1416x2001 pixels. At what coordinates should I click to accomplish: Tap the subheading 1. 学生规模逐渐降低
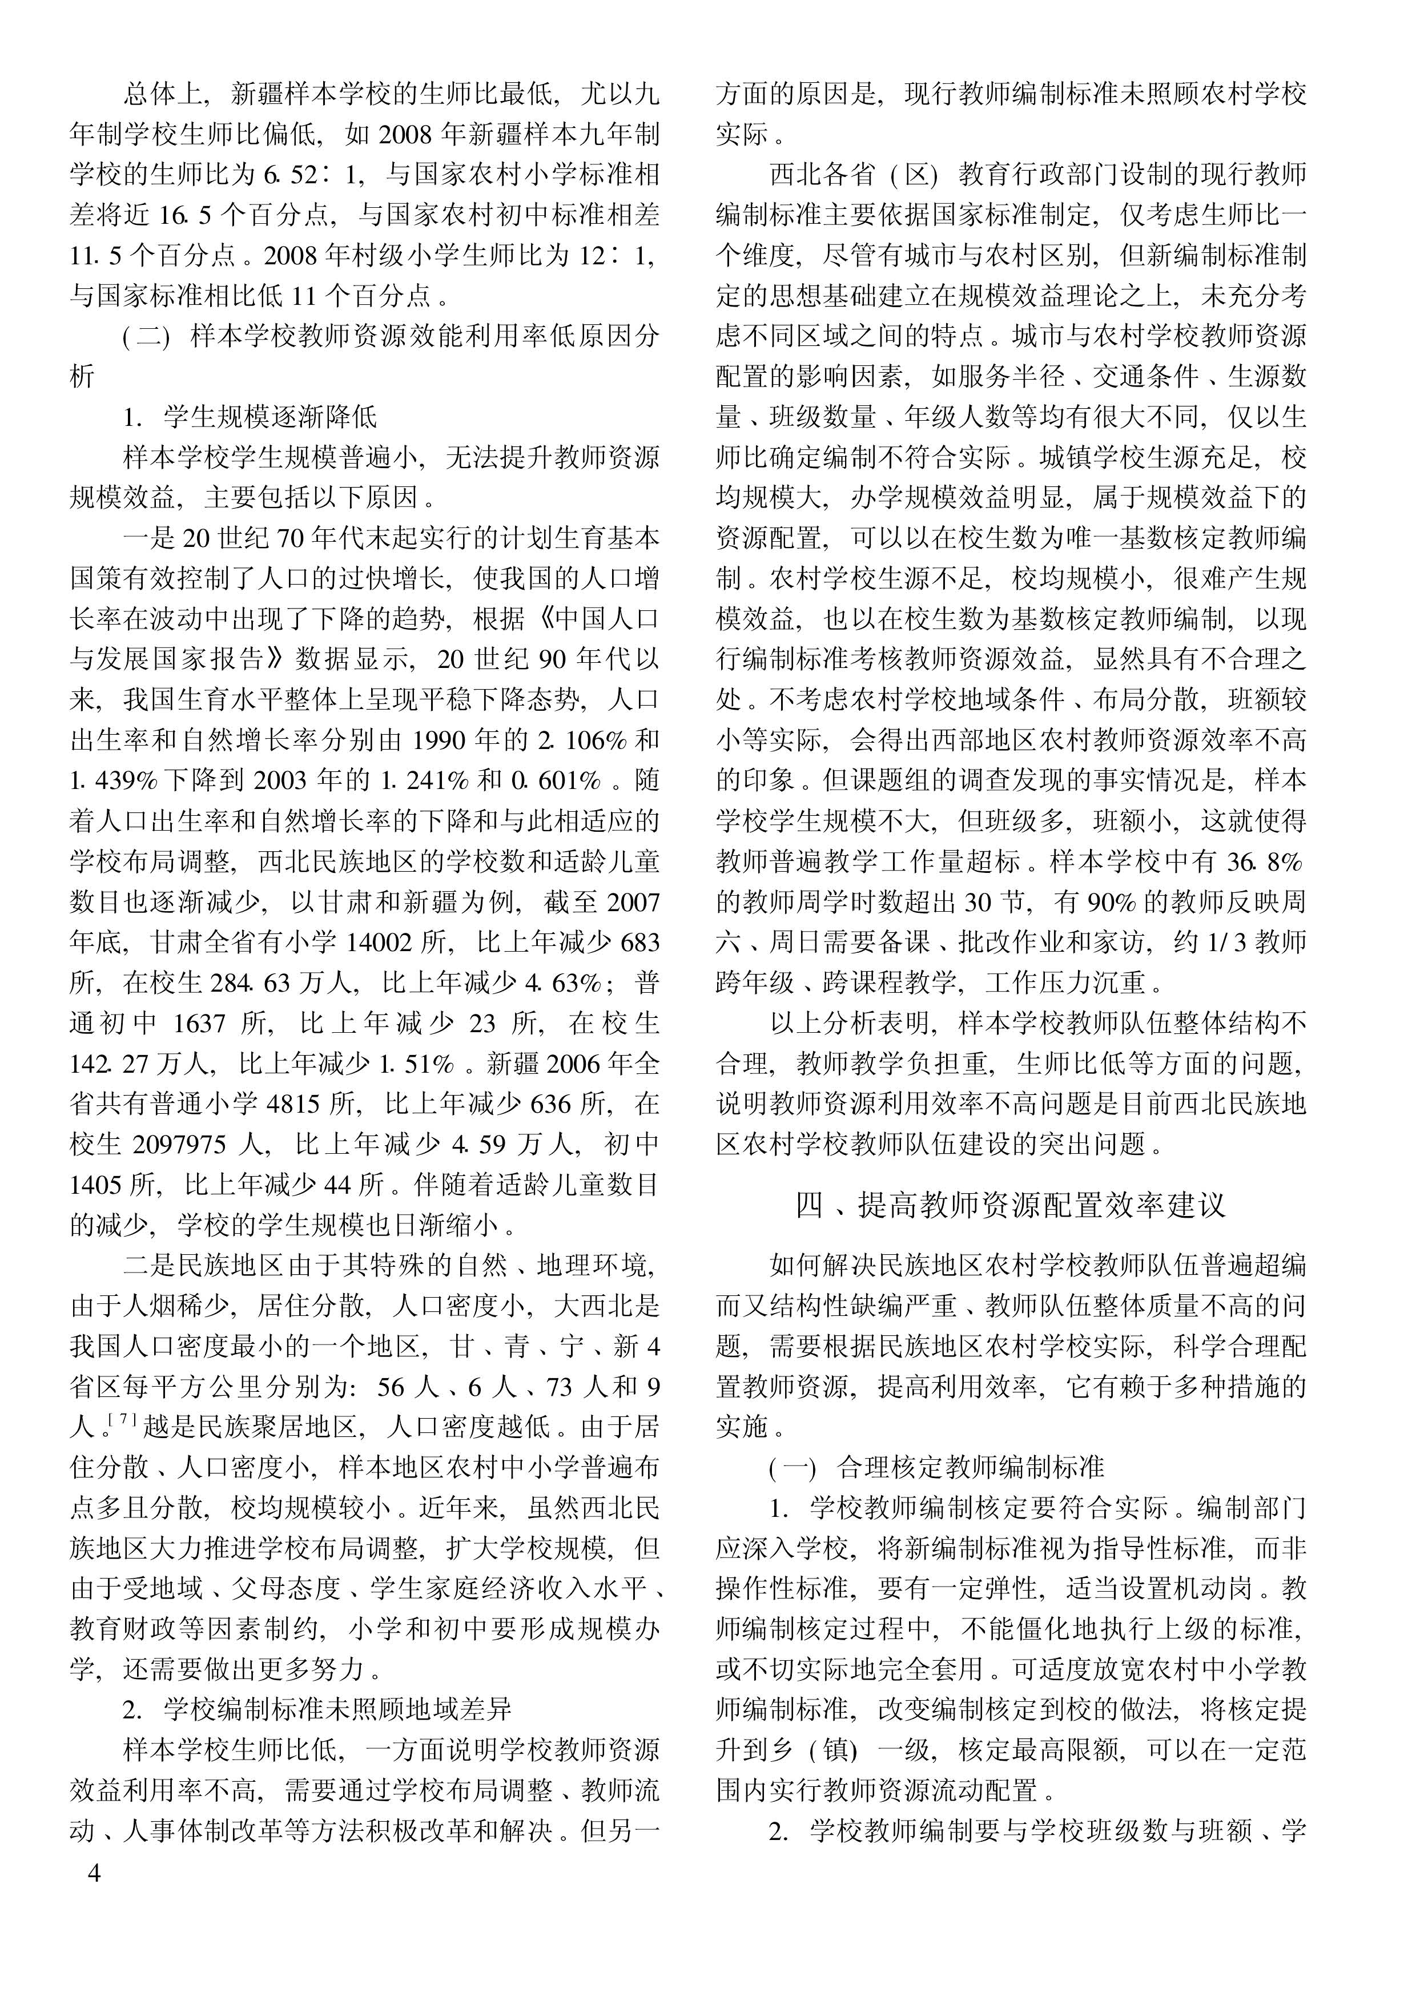pos(250,417)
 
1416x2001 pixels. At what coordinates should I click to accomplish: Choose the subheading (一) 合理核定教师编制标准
pos(936,1467)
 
